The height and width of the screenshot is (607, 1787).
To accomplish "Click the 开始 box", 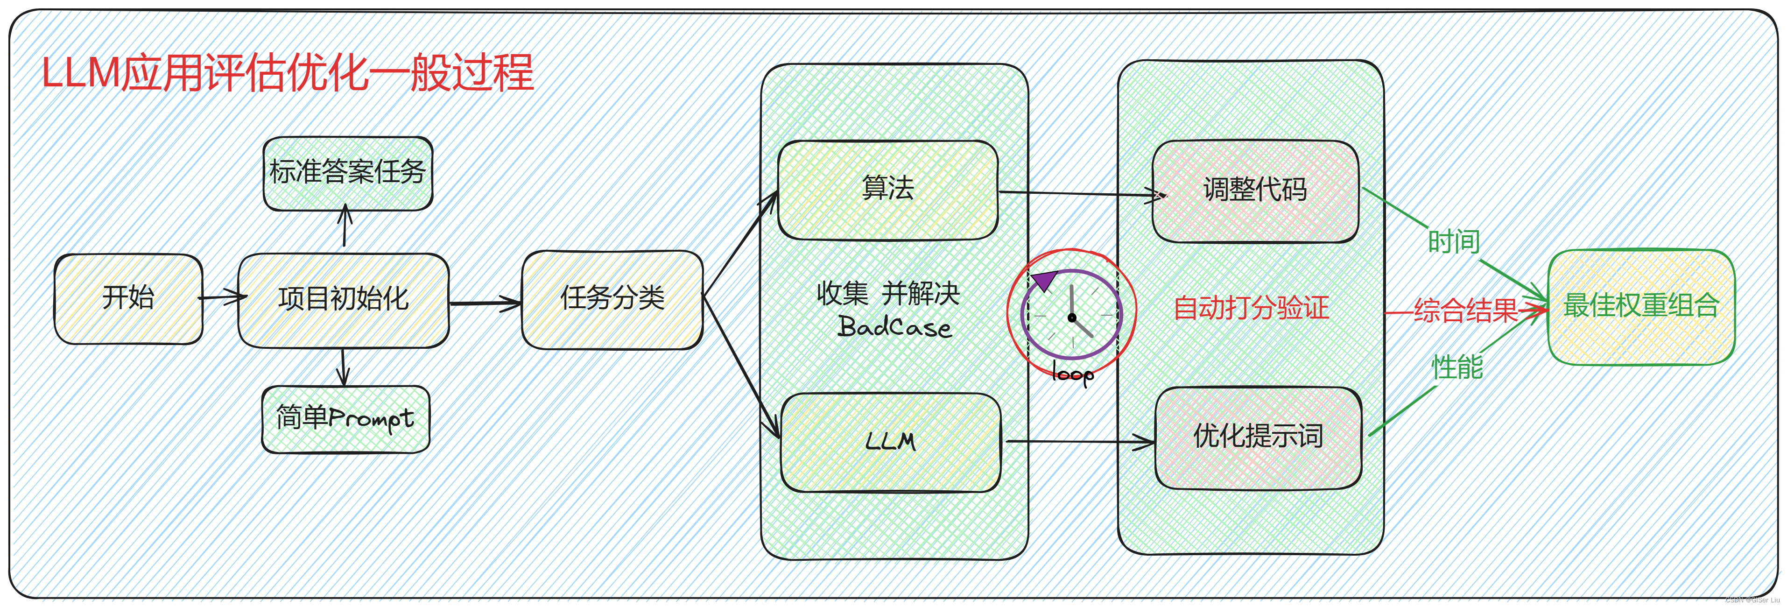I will tap(128, 298).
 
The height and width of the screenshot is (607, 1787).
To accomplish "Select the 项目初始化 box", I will tap(344, 300).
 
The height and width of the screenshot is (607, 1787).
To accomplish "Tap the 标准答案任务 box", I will tap(347, 173).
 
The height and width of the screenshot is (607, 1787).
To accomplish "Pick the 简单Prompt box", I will tap(345, 418).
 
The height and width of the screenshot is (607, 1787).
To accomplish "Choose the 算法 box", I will tap(887, 190).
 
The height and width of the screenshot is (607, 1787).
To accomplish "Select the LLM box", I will tap(890, 442).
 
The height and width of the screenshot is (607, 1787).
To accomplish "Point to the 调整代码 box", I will tap(1255, 191).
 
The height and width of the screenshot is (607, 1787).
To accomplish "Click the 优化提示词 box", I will tap(1258, 437).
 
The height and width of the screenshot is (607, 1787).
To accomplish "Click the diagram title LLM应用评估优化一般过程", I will tap(287, 73).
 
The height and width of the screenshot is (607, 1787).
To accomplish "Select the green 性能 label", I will tap(1457, 367).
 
